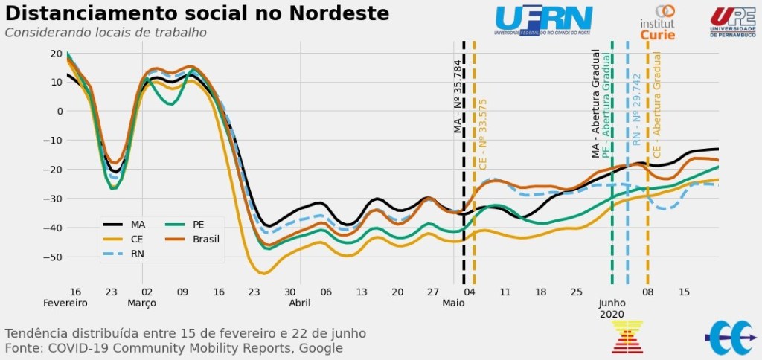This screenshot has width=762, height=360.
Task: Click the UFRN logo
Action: click(543, 20)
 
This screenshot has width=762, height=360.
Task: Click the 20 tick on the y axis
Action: click(56, 53)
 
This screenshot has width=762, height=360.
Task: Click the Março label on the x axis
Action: click(142, 303)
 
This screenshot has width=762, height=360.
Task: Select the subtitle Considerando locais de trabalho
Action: click(106, 33)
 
